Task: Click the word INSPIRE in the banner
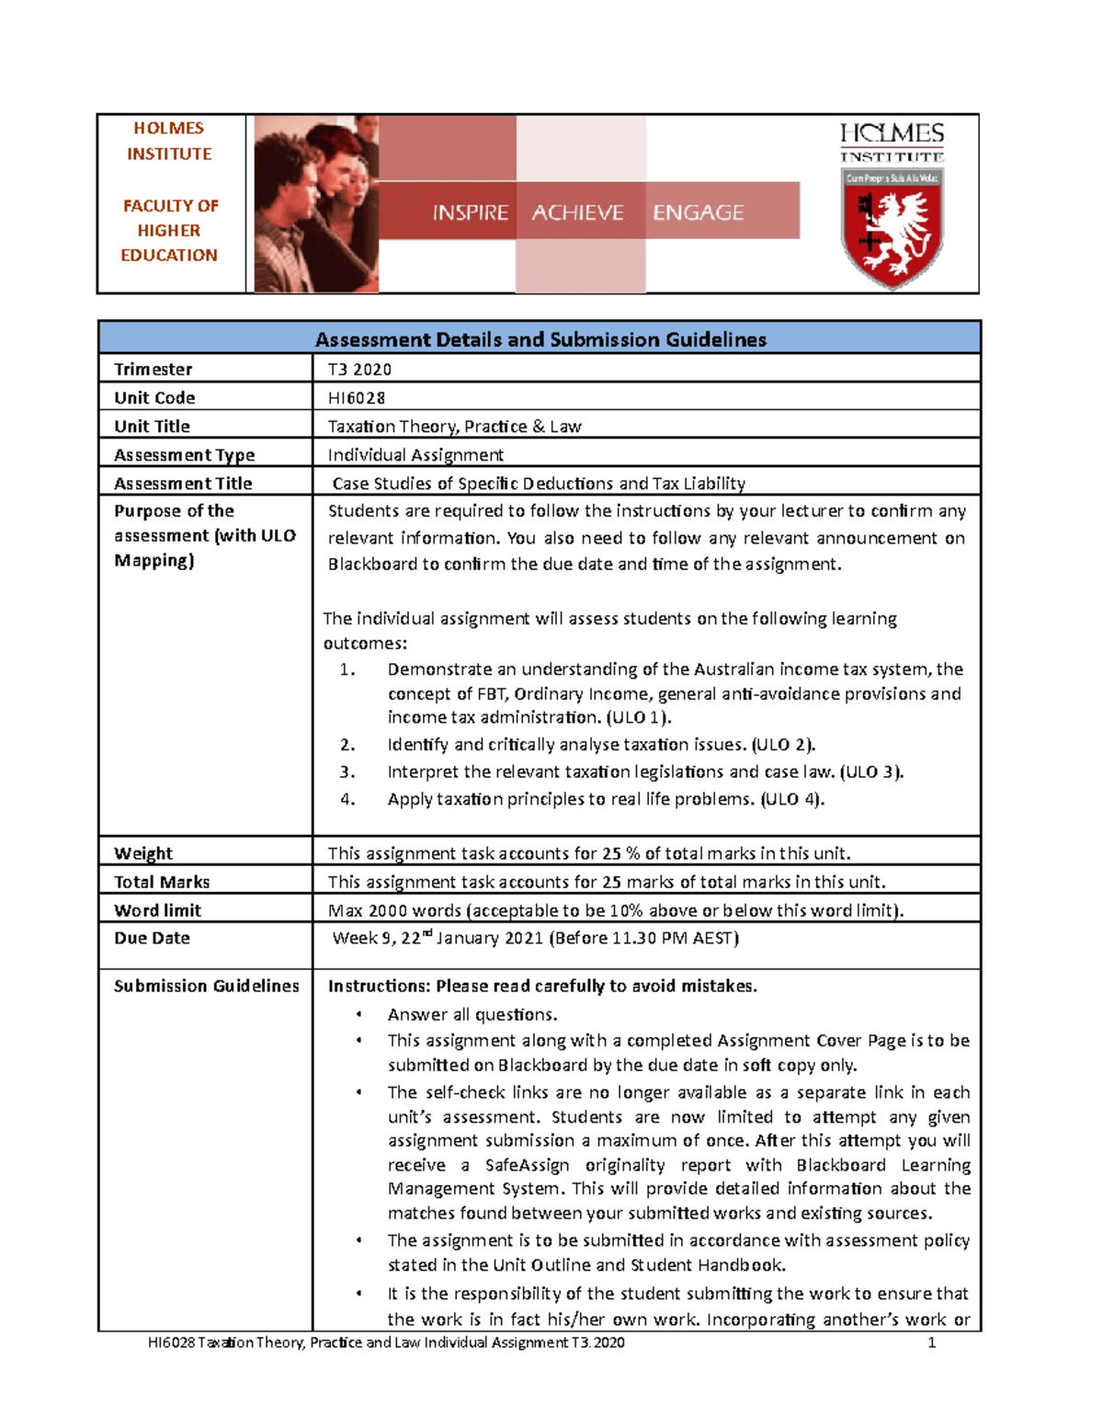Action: [470, 212]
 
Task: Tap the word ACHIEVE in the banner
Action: [577, 212]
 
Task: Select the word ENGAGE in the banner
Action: [698, 212]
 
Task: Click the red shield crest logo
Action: [891, 227]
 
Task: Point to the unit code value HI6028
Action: [357, 398]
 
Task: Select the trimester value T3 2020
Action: [359, 370]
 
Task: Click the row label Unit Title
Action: [152, 427]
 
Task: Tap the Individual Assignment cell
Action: [415, 455]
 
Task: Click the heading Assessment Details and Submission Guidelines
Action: [540, 339]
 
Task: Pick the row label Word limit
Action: [157, 910]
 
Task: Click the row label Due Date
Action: [152, 938]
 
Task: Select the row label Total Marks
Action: [162, 882]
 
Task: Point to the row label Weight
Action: [143, 853]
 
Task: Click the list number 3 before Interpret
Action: [347, 772]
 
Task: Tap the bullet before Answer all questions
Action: [358, 1014]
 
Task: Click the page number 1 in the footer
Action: [931, 1342]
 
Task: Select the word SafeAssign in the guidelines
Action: [527, 1165]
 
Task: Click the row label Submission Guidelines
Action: [207, 986]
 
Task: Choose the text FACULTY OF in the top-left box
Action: [171, 206]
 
